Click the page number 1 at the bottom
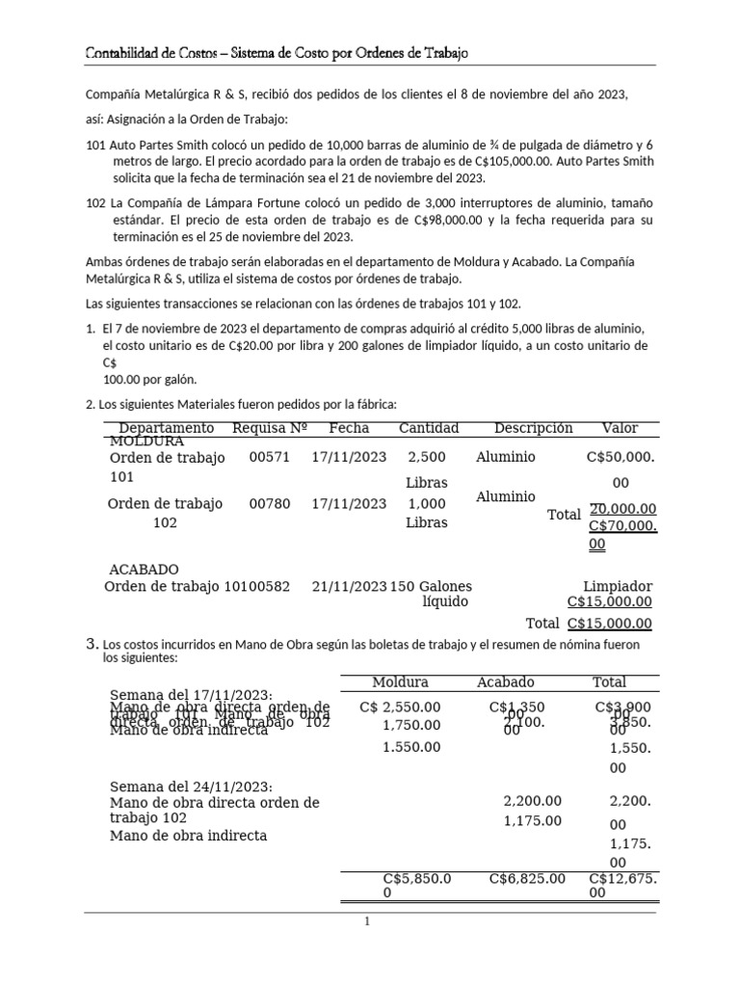point(367,922)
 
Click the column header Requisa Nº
point(270,428)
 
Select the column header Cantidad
point(429,428)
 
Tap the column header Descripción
point(533,428)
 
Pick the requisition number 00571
point(269,458)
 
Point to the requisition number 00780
point(269,503)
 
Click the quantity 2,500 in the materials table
point(427,458)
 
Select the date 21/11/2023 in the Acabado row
point(349,586)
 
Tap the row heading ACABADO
point(144,570)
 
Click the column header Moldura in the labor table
point(400,682)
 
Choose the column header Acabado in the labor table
point(506,682)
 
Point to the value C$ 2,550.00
point(400,707)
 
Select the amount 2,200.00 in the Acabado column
point(532,801)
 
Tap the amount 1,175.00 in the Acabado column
point(532,821)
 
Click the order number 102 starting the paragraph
point(95,203)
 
